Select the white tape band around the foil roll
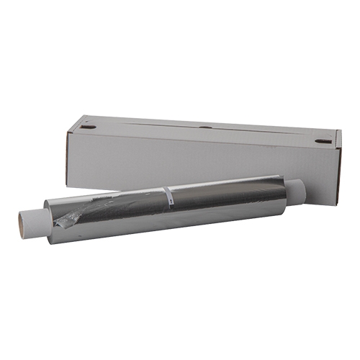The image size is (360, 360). pyautogui.click(x=167, y=197)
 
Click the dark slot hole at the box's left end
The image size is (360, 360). pyautogui.click(x=88, y=127)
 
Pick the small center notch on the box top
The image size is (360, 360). pyautogui.click(x=205, y=128)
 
